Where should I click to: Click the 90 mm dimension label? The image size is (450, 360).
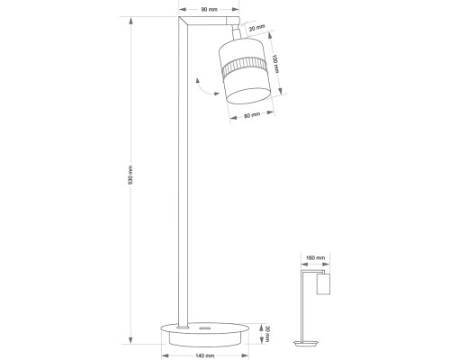(209, 10)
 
